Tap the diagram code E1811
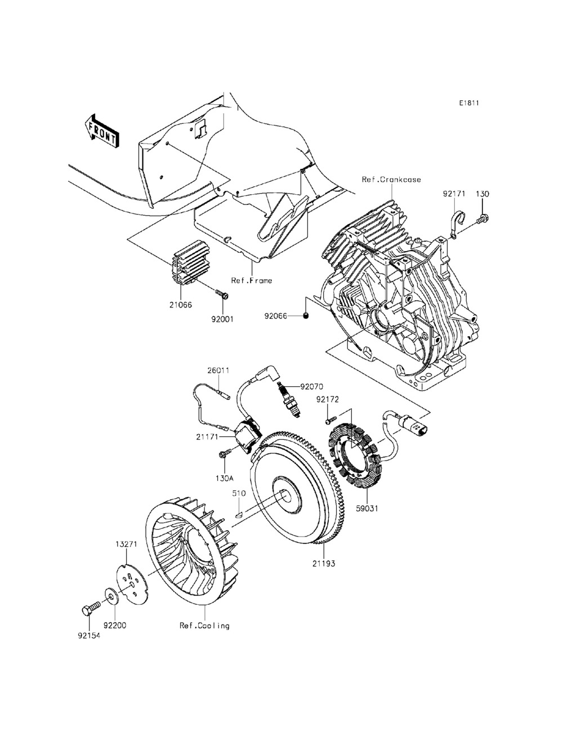point(469,103)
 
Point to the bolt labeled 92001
point(221,293)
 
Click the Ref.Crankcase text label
point(391,180)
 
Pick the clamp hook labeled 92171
point(455,223)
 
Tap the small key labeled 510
point(239,512)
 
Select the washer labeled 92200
point(109,595)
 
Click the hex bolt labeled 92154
point(87,609)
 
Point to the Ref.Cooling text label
point(205,626)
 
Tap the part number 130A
point(224,478)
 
